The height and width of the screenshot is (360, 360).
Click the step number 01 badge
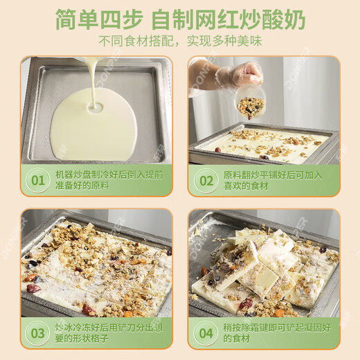(x=38, y=181)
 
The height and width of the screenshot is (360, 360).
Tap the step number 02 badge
(x=206, y=181)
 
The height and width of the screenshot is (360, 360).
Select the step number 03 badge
(x=38, y=333)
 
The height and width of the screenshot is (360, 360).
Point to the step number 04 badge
(x=206, y=333)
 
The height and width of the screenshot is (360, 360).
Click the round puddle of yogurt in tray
(x=90, y=128)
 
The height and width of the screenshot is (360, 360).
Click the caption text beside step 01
(x=111, y=181)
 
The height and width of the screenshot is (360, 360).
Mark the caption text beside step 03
(x=111, y=333)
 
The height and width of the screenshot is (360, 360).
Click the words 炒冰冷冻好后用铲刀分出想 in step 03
(x=111, y=327)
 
